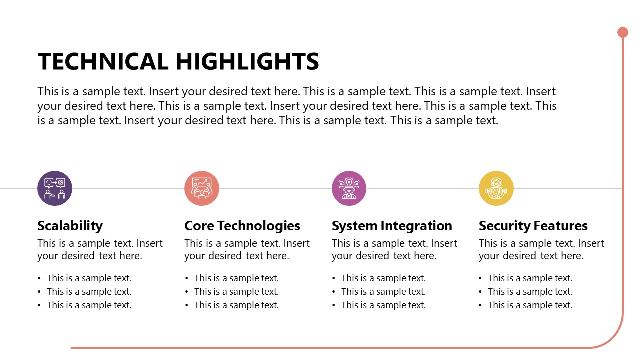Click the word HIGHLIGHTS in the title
pos(247,62)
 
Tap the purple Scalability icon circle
pos(55,188)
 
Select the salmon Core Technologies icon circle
pos(202,188)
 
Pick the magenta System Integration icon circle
pos(349,188)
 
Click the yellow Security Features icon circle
pos(496,188)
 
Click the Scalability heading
pos(70,226)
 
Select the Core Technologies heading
pos(242,226)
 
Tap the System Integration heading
pos(392,226)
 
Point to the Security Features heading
pos(533,226)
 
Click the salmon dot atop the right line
pos(623,32)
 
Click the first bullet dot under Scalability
pos(40,279)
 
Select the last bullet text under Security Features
pos(530,305)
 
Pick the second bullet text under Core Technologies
pos(236,292)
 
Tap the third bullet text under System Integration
pos(383,305)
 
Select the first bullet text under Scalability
pos(89,278)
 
